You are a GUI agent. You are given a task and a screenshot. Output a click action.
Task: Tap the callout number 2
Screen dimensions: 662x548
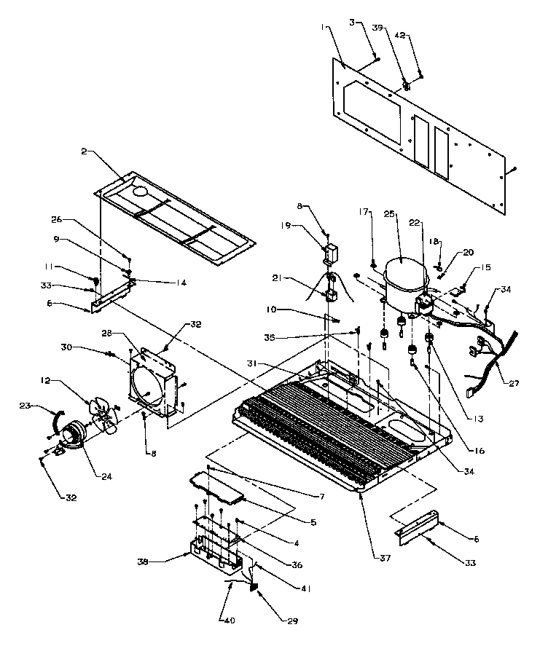[84, 151]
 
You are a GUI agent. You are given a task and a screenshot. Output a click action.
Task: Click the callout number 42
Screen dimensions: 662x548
[399, 35]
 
